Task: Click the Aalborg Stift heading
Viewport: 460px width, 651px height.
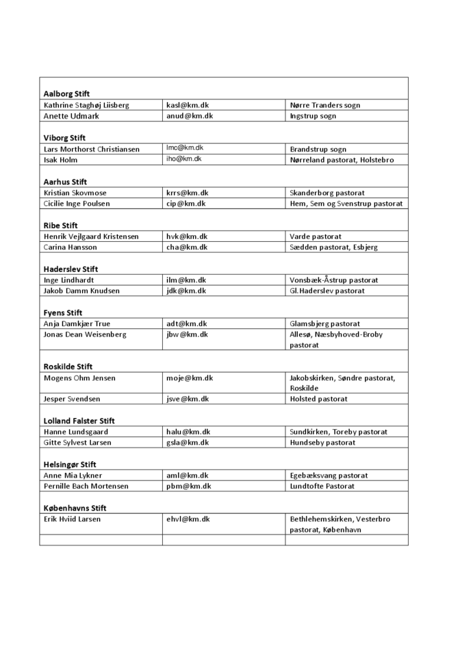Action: coord(66,94)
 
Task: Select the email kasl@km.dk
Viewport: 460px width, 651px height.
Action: coord(187,106)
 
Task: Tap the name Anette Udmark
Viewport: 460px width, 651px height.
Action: coord(71,116)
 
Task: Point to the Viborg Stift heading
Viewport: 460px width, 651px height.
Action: coord(64,138)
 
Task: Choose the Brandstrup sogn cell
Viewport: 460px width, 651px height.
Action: coord(318,149)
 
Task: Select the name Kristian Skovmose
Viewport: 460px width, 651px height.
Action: coord(75,193)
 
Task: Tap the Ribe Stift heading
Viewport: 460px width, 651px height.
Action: coord(61,225)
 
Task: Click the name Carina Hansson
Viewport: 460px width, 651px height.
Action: coord(71,247)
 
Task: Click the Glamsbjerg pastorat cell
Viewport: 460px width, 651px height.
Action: coord(324,323)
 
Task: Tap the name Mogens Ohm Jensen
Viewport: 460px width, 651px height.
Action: coord(79,378)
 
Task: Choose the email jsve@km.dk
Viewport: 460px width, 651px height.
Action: coord(188,399)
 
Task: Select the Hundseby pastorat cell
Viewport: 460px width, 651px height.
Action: coord(322,443)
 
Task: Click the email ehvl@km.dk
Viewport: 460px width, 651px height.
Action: coord(188,519)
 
